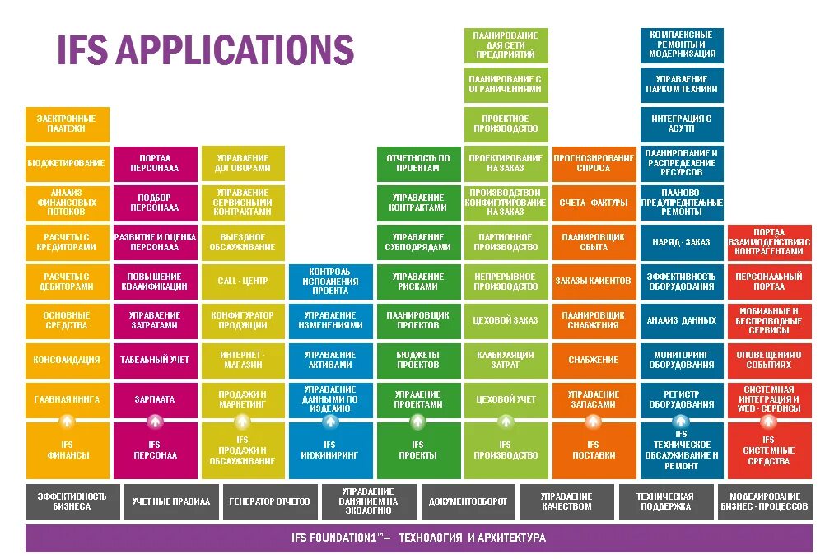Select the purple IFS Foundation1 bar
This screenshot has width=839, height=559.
coord(418,538)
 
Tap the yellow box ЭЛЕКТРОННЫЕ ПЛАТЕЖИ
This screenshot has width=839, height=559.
coord(67,123)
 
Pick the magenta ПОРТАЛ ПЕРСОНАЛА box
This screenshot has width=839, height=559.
coord(156,163)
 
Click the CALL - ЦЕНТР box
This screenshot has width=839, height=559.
coord(242,282)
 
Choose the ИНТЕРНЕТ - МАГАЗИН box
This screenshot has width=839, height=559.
coord(242,360)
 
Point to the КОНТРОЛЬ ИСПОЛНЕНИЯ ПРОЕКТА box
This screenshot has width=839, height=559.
coord(329,281)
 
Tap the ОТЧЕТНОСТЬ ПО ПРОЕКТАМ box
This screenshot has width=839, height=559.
coord(418,163)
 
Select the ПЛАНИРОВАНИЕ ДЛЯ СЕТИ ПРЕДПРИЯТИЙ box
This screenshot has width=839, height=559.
coord(506,44)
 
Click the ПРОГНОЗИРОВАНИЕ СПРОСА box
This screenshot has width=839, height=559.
coord(594,163)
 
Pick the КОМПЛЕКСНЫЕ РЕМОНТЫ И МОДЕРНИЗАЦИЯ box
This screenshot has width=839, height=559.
coord(682,44)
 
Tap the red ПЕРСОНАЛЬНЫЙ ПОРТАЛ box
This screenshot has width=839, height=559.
coord(769,282)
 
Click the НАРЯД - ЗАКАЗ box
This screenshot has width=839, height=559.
coord(682,242)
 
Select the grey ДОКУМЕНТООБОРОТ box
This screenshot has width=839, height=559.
coord(468,501)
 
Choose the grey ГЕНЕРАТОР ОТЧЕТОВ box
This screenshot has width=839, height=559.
coord(269,501)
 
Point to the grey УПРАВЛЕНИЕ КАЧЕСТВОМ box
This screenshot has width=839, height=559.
coord(566,501)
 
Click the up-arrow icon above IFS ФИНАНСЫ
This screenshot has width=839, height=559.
coord(68,421)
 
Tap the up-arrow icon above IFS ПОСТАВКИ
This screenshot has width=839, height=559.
coord(593,421)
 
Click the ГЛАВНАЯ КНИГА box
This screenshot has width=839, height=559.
coord(67,399)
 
